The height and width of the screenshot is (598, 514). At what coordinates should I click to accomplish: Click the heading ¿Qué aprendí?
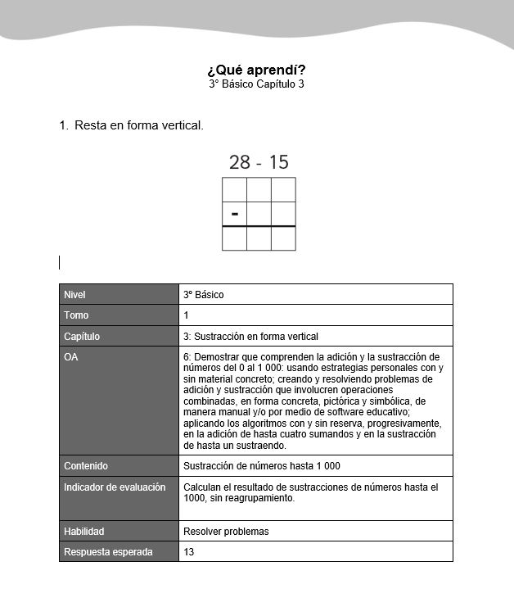coord(256,70)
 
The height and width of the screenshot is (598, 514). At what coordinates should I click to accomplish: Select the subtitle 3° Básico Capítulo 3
coord(256,84)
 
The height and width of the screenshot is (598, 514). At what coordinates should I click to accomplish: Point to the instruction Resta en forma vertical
coord(138,125)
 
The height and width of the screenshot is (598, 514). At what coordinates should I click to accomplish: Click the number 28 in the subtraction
coord(239,162)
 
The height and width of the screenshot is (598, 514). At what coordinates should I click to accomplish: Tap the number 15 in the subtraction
coord(278,162)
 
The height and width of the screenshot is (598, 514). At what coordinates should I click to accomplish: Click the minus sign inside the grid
coord(235,214)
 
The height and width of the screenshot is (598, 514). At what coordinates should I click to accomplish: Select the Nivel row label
coord(74,294)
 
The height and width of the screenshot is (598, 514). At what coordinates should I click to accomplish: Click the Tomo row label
coord(76,315)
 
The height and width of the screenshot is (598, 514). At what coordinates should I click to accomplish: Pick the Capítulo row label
coord(81,336)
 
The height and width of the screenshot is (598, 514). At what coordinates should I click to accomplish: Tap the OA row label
coord(71,357)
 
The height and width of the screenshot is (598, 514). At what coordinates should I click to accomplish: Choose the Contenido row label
coord(86,466)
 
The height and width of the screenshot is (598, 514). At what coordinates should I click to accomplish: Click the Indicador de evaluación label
coord(115,487)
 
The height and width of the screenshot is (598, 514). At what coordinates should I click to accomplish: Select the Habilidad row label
coord(84,531)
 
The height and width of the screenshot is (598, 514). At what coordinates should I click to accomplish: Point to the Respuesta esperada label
coord(108,552)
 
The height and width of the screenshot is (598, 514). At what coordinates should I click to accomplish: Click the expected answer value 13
coord(189,552)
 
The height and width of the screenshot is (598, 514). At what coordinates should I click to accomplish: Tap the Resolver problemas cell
coord(226,531)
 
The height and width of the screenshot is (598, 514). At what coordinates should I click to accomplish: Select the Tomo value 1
coord(187,315)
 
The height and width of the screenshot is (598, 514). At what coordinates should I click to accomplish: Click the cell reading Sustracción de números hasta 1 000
coord(261,466)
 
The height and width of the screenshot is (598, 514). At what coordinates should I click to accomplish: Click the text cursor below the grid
coord(60,262)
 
